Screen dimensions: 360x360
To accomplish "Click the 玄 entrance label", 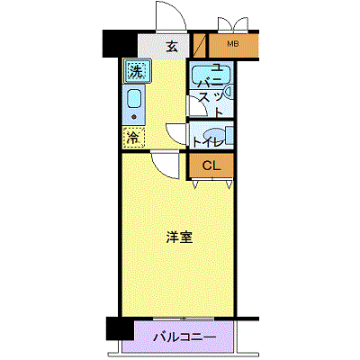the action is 172,47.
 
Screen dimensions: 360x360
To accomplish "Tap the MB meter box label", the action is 233,44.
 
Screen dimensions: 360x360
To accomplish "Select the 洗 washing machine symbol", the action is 137,71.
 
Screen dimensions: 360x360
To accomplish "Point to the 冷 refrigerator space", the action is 133,138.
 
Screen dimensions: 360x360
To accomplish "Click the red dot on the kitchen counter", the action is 133,116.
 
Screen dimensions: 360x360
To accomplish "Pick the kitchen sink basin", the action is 134,98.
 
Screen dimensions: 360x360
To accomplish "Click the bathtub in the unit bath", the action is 211,74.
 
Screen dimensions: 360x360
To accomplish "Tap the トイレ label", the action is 208,142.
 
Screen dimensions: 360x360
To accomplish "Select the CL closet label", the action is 211,166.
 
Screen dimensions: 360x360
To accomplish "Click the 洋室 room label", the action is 179,238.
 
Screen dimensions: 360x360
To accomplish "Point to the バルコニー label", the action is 184,337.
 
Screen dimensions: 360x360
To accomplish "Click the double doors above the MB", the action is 233,24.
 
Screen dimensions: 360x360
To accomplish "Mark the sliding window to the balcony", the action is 184,319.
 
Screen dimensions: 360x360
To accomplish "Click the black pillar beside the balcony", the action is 120,328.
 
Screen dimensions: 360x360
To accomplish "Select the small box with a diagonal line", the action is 199,46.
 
